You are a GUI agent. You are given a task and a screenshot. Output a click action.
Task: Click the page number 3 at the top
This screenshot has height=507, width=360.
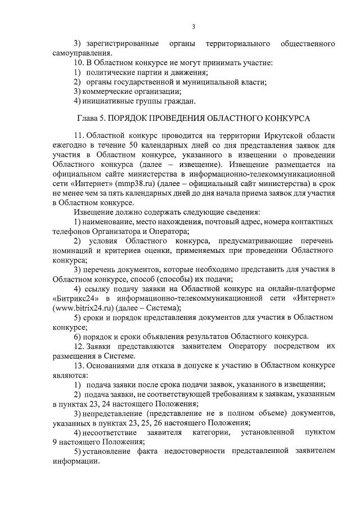click(x=193, y=26)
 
